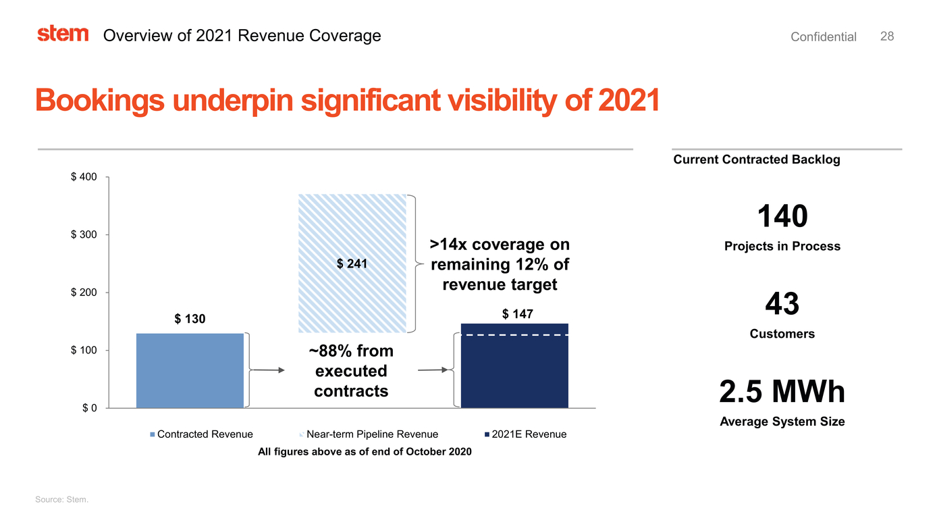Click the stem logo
pos(63,34)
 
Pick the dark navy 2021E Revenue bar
pos(514,372)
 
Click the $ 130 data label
pos(190,319)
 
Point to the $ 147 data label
pos(518,314)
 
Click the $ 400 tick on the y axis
pos(84,177)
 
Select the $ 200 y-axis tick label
pos(84,293)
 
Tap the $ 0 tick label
pos(88,408)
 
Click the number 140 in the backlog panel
pos(782,217)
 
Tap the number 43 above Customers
pos(782,304)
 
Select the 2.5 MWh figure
pos(782,392)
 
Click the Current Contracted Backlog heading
pos(756,159)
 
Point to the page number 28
pos(887,36)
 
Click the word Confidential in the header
pos(823,37)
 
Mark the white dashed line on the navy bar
pos(514,335)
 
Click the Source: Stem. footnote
pos(61,499)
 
